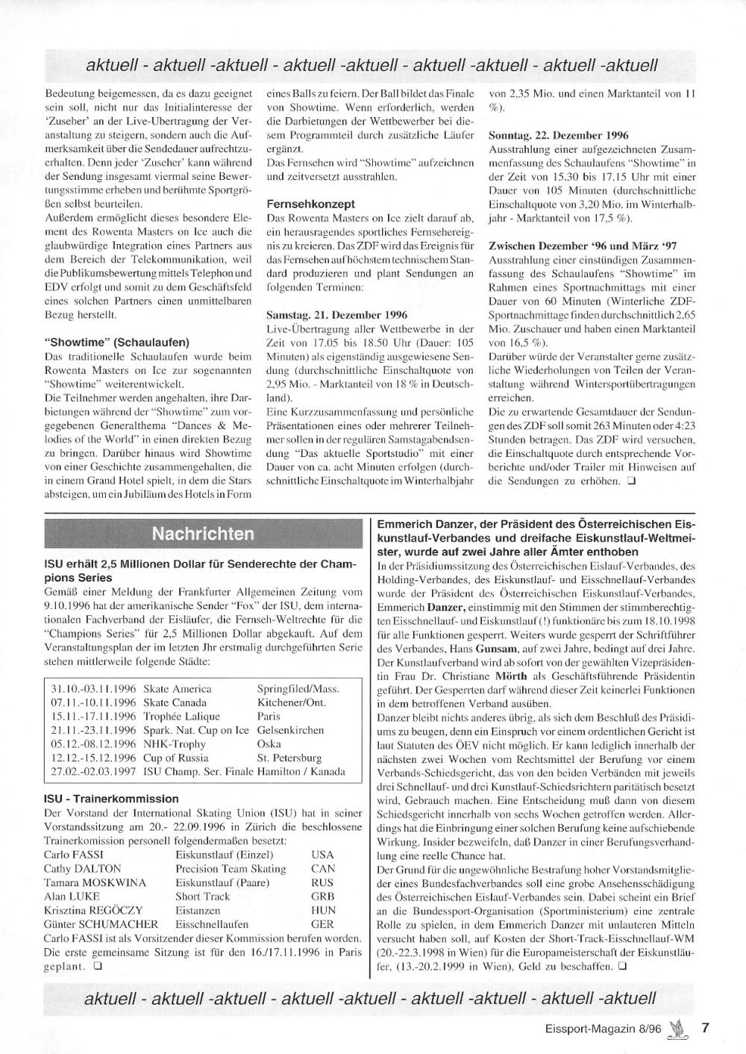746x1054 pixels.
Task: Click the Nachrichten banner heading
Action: (x=202, y=534)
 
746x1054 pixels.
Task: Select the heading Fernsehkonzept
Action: (x=310, y=203)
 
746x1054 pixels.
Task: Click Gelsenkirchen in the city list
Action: (x=290, y=730)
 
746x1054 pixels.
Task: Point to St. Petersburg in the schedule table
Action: (x=289, y=758)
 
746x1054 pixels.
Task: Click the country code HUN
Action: (x=323, y=911)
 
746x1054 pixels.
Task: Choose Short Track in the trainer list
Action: (x=203, y=896)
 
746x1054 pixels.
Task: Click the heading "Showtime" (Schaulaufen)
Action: (x=116, y=343)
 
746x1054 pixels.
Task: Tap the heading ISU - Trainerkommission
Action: (x=112, y=799)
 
